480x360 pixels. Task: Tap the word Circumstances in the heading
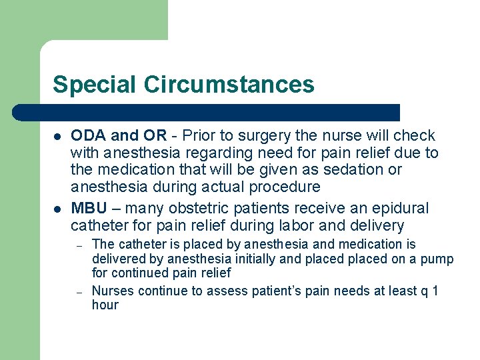[x=229, y=85]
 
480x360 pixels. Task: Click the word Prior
[x=201, y=135]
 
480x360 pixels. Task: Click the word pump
[x=437, y=259]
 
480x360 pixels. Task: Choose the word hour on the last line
[x=105, y=305]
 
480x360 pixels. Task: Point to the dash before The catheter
[x=79, y=245]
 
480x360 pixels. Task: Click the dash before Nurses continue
[x=79, y=291]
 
